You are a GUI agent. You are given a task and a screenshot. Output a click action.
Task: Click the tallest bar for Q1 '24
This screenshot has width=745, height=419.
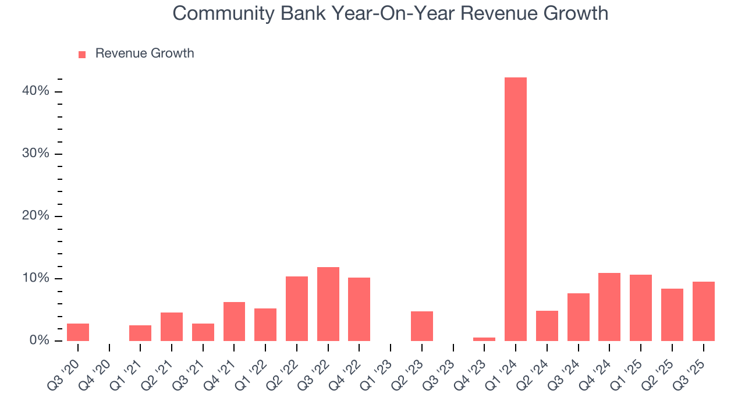point(516,209)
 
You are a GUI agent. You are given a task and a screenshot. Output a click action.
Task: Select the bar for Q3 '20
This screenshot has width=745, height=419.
point(78,332)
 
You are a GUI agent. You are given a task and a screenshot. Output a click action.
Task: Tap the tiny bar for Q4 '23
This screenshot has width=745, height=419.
point(484,339)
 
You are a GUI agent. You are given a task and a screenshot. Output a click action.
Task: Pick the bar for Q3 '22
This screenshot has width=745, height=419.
point(328,304)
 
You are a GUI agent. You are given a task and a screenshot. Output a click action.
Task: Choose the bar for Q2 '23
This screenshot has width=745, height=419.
point(422,326)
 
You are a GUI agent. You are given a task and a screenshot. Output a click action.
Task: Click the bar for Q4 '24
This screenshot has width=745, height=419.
point(609,307)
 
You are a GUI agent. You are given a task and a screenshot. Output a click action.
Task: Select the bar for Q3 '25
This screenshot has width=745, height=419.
point(703,311)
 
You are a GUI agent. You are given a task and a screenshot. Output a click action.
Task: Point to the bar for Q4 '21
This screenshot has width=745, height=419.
point(234,321)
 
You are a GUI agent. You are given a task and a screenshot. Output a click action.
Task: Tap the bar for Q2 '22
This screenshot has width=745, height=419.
point(297,308)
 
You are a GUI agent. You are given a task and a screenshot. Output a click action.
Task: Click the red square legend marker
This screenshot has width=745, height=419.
point(82,54)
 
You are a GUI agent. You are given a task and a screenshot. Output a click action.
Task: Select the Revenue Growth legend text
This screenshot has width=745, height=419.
point(144,54)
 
